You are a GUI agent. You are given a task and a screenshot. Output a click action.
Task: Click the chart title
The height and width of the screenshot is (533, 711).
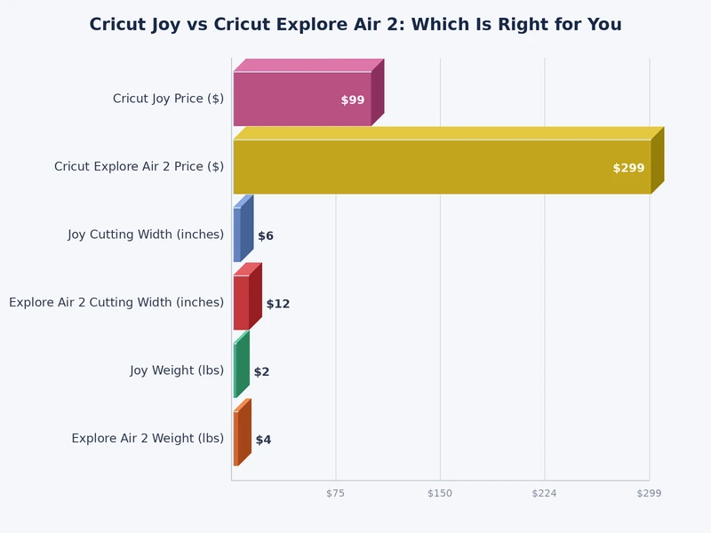tap(355, 25)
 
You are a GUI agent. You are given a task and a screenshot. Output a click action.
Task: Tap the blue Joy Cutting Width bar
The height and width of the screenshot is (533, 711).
tap(237, 235)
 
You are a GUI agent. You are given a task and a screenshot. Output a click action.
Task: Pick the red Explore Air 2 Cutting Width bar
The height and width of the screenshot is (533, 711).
tap(242, 302)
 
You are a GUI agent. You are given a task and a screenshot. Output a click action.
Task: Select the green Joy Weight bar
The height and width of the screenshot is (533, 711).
tap(236, 370)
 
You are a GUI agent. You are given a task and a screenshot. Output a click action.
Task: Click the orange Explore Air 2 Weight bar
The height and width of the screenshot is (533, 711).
tap(236, 438)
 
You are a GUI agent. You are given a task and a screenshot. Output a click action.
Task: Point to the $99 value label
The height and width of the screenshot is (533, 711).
tap(353, 100)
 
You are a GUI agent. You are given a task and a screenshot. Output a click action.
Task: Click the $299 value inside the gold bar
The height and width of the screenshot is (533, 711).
tap(628, 168)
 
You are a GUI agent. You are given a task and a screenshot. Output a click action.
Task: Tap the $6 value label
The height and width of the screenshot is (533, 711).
tap(266, 236)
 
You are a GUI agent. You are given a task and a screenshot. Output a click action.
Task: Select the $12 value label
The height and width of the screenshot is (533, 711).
tap(278, 304)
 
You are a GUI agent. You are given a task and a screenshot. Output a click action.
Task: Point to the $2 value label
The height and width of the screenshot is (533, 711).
tap(261, 372)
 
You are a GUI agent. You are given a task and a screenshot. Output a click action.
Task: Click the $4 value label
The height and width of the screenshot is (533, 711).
tap(263, 440)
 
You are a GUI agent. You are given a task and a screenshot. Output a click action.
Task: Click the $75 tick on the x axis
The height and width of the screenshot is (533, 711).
tap(335, 493)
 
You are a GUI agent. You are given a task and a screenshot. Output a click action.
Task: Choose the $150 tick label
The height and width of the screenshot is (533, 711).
tap(440, 493)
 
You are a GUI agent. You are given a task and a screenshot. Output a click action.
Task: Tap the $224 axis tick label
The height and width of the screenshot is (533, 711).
tap(544, 493)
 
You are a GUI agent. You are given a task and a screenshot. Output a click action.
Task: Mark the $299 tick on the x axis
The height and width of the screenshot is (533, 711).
tap(649, 493)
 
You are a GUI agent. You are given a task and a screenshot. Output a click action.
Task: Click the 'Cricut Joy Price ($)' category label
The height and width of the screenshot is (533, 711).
tap(168, 99)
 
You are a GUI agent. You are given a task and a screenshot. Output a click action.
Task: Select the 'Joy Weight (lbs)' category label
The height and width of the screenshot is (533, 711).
tap(177, 370)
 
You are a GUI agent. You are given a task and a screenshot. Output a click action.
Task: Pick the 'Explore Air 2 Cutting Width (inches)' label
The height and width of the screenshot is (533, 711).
tap(116, 302)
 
